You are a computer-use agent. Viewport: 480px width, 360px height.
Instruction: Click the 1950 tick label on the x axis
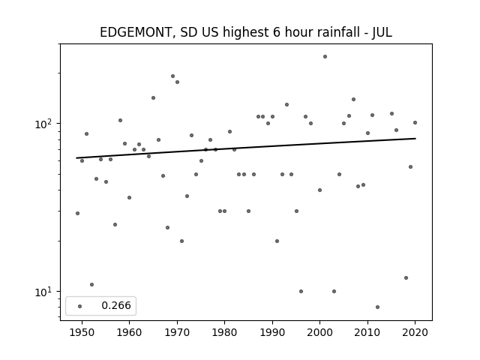82,332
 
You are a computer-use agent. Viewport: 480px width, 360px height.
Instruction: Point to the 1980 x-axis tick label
224,332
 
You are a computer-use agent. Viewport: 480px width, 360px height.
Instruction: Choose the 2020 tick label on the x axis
415,332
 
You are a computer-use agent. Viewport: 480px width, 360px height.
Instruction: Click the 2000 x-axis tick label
320,332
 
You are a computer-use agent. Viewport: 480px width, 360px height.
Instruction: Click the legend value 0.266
116,305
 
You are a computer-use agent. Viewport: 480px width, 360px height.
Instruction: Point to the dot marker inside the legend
80,306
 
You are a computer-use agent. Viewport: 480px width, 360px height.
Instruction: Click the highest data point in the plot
325,57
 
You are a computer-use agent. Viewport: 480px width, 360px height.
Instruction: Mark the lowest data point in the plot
377,307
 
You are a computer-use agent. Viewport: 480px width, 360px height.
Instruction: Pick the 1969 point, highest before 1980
172,76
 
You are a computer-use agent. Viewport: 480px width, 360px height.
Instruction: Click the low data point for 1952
91,285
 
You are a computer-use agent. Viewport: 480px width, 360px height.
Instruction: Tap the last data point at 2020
415,123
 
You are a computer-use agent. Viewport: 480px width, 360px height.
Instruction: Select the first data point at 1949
77,213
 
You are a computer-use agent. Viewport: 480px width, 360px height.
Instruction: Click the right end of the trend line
415,138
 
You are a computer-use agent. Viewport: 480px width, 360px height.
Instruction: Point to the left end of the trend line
76,158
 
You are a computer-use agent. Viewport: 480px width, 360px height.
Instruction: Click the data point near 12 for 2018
406,278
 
